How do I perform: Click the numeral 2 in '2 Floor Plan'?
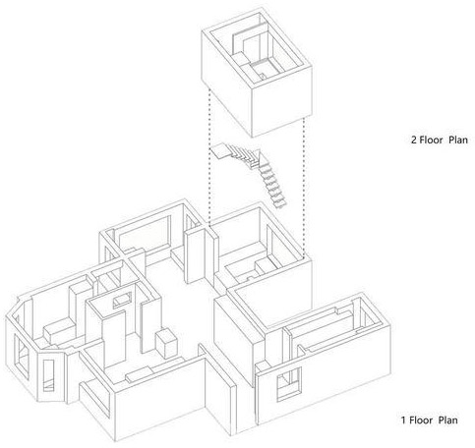tap(414, 140)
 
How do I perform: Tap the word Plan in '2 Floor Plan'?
tap(458, 140)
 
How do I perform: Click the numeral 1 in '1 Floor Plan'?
tap(404, 420)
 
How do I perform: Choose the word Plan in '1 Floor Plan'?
tap(448, 420)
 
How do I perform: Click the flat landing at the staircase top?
tap(219, 150)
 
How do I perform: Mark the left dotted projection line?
tap(208, 158)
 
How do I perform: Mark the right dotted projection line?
tap(304, 188)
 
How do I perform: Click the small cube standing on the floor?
tap(167, 344)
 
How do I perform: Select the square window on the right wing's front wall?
tap(289, 384)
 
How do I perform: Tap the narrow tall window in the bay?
tap(48, 375)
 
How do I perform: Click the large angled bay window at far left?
tap(22, 357)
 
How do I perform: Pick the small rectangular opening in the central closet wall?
tap(122, 300)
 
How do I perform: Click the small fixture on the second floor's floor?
tap(262, 76)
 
